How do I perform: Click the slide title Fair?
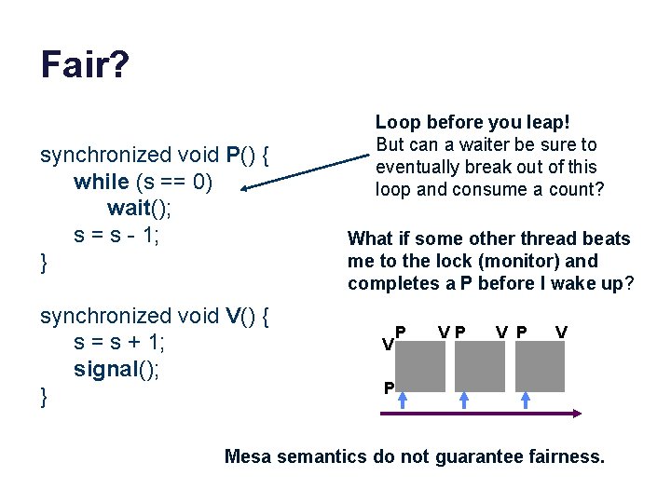tap(85, 65)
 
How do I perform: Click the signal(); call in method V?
tap(117, 370)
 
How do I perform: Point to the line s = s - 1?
tap(117, 234)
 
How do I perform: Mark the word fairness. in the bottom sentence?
tap(568, 456)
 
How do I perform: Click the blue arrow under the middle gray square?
tap(463, 401)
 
